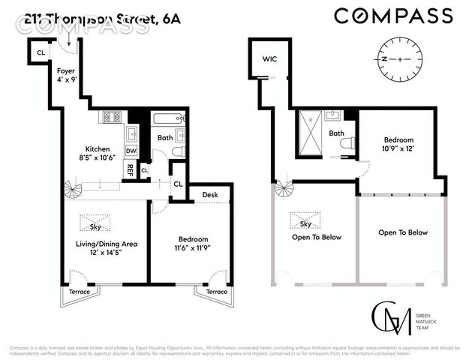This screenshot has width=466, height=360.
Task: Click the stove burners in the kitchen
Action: (x=112, y=117)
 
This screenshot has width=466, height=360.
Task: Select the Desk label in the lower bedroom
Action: (x=210, y=195)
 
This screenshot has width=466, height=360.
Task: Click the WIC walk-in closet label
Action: (x=270, y=59)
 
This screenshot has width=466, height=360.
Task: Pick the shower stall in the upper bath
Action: (x=310, y=133)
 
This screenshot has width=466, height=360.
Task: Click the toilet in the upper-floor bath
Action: (x=347, y=143)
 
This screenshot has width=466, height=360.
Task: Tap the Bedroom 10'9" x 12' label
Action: (x=398, y=144)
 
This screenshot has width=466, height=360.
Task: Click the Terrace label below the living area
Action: (x=79, y=292)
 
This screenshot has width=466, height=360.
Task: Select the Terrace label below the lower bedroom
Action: (x=216, y=292)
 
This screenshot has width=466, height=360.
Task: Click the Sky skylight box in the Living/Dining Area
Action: (x=96, y=223)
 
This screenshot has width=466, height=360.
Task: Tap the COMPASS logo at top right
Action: (x=393, y=16)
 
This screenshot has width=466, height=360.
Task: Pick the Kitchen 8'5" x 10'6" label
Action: (x=98, y=153)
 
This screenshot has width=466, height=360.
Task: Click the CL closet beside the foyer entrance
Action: (x=40, y=53)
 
